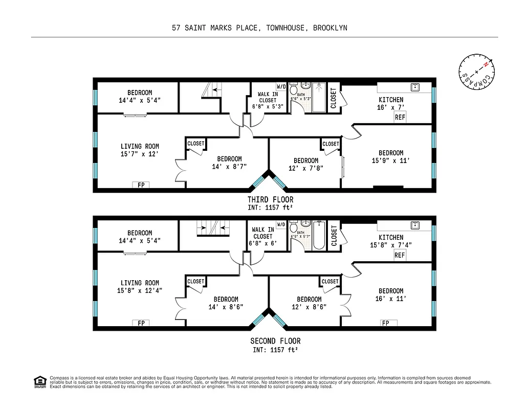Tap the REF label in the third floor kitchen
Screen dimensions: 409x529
400,117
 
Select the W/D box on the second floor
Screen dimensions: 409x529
281,224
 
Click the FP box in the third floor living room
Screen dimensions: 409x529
141,185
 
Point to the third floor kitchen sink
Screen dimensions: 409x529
414,86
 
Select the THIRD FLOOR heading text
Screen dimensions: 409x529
270,199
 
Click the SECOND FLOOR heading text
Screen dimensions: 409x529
275,341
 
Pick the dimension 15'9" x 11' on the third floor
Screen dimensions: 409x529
391,161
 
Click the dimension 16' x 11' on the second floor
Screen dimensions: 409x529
391,299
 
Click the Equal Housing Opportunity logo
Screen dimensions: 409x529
39,381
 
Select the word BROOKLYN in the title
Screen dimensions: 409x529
331,28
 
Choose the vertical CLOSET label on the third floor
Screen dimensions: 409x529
334,98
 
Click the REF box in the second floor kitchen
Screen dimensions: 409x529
400,255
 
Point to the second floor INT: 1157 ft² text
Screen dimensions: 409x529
275,350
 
